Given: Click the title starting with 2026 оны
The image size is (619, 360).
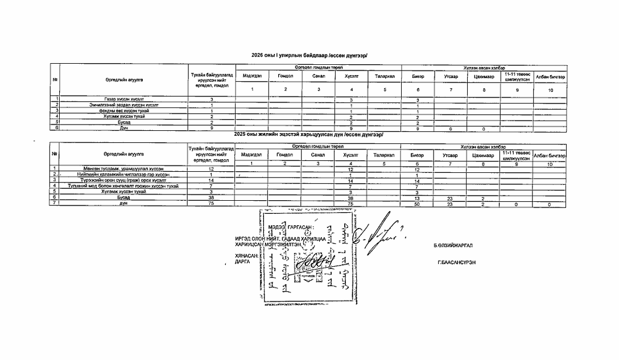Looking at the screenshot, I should click(309, 55).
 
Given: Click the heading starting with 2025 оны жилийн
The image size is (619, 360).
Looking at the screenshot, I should click(309, 134).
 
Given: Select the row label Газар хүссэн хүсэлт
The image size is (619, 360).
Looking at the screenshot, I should click(123, 100).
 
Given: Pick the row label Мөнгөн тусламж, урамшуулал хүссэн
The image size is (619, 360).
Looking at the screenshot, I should click(123, 169).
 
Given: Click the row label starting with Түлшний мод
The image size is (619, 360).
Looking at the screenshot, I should click(123, 186).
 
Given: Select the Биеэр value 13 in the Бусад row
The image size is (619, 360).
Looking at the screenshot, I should click(417, 198).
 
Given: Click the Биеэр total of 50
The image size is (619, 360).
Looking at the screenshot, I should click(417, 204).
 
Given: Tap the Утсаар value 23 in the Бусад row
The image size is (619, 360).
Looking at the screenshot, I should click(449, 198).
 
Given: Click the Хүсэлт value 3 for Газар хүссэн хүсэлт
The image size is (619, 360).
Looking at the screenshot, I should click(351, 100).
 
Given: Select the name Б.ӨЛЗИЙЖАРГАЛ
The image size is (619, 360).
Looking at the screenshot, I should click(453, 246).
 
